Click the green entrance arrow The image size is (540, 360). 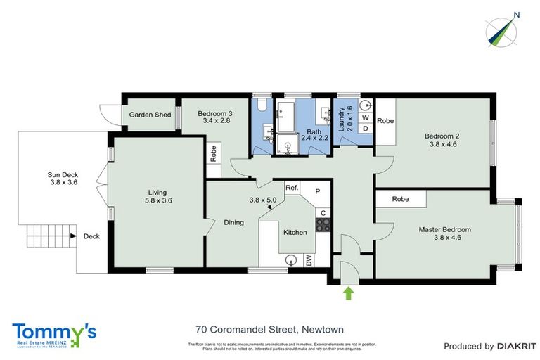coord(348,292)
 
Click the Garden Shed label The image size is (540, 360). coord(149,115)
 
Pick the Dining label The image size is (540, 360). coord(233,222)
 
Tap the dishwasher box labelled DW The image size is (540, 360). coord(309,260)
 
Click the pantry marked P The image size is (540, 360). coord(318,191)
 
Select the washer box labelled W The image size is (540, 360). coord(365,118)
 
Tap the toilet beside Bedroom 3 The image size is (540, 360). coord(262,105)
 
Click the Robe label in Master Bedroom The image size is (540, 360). coord(401,199)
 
